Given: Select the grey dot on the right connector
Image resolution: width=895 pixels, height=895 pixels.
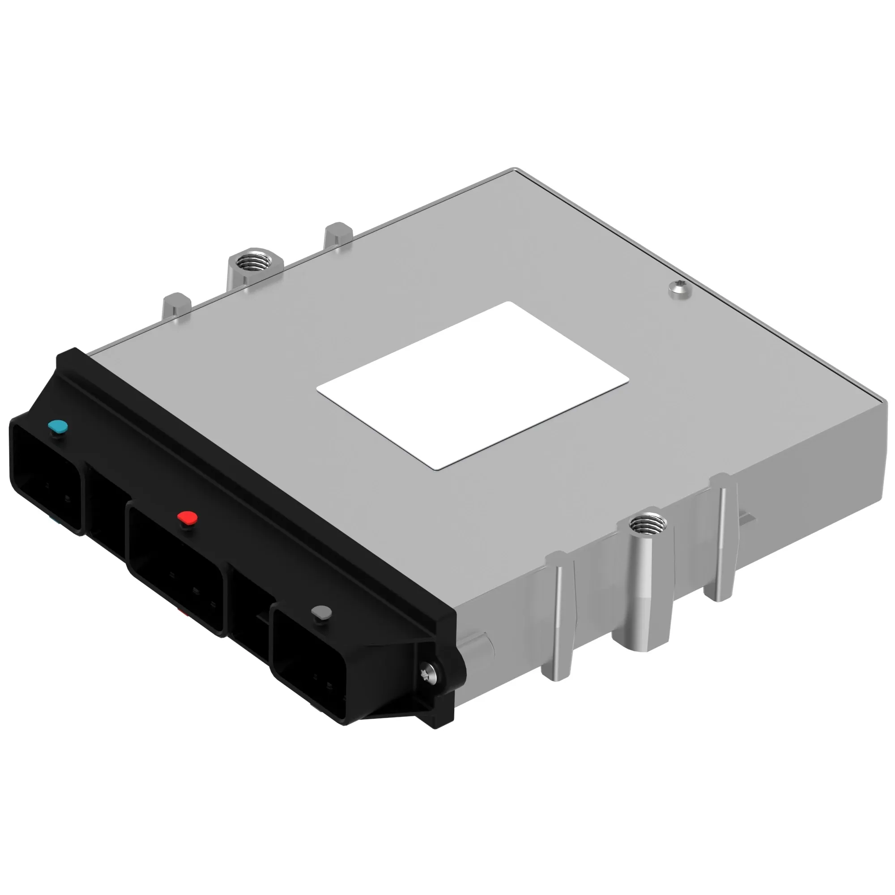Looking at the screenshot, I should [321, 613].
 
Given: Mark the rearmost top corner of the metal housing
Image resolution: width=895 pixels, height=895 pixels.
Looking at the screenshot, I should [513, 170].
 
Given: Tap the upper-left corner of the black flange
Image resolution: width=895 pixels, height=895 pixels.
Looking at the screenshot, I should [65, 357].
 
